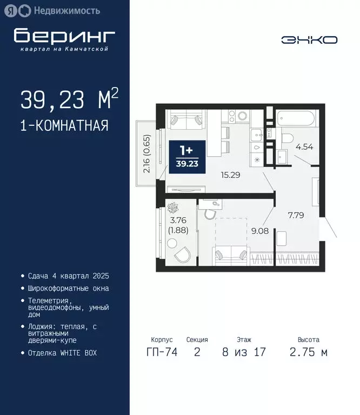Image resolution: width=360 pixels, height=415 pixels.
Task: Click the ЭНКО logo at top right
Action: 309,39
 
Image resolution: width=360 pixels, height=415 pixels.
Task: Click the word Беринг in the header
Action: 64,36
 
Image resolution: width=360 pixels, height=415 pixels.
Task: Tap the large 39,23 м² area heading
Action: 69,100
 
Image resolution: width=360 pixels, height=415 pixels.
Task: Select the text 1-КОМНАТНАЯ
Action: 64,126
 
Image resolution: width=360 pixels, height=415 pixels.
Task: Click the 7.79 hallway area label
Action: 295,215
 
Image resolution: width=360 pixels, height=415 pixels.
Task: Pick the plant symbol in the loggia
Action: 174,207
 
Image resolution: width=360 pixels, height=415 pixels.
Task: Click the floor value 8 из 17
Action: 243,352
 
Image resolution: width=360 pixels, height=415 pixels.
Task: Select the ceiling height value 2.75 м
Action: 309,352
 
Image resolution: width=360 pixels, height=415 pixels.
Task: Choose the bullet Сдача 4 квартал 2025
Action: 68,276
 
